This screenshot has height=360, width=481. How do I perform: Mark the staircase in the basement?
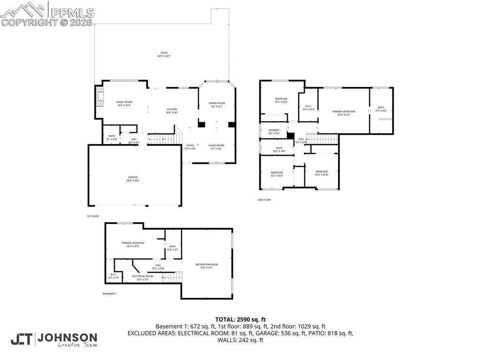tap(172, 277)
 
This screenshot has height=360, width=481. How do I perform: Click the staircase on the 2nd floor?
tap(322, 138)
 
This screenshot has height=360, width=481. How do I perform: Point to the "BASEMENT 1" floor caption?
tap(109, 294)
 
